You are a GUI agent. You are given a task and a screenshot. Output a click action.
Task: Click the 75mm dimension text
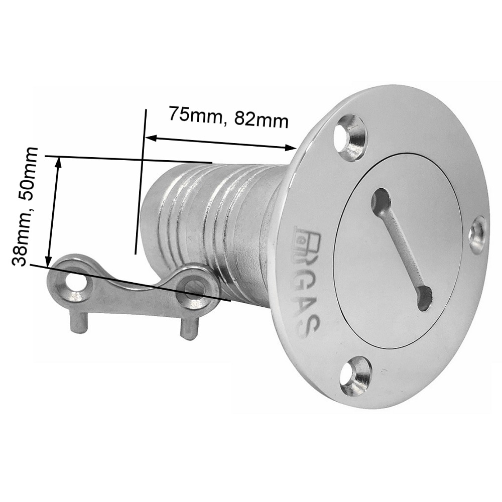pyautogui.click(x=196, y=114)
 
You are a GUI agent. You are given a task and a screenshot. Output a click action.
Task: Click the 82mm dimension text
pyautogui.click(x=262, y=119)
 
